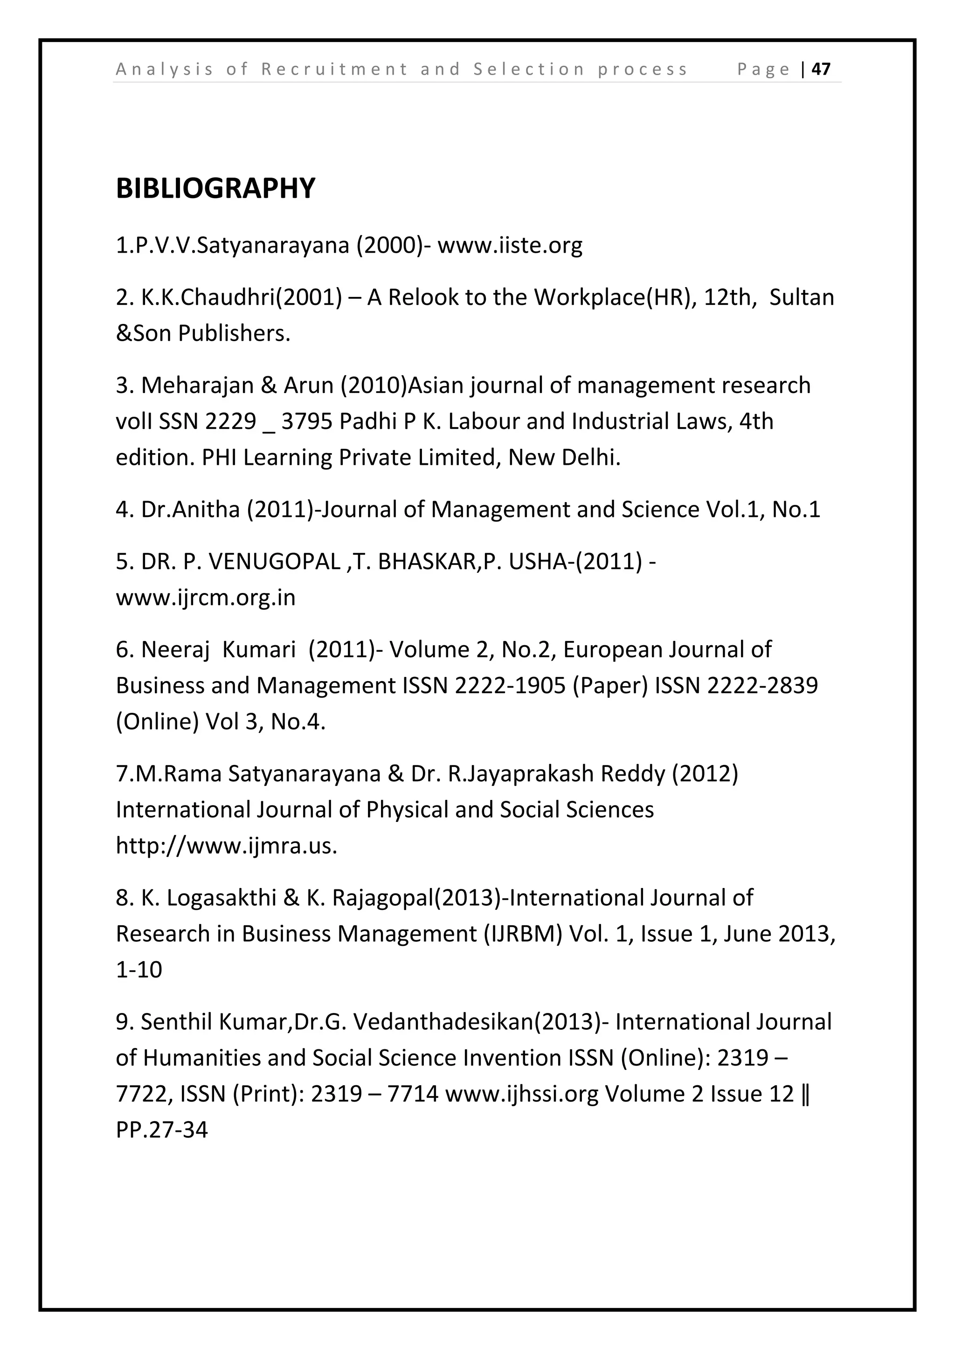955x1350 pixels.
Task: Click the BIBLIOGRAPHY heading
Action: point(215,188)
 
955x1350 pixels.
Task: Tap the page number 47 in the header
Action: point(821,69)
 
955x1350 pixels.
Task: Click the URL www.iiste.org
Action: point(509,245)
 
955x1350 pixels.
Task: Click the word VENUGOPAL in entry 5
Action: point(275,562)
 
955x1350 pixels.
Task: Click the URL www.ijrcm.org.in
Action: point(206,598)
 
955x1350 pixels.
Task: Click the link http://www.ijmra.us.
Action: point(227,846)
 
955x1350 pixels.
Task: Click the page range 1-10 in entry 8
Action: point(139,970)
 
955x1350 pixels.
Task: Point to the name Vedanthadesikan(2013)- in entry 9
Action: point(482,1022)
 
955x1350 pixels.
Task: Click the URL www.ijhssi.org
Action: point(522,1094)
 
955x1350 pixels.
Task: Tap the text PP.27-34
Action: point(162,1130)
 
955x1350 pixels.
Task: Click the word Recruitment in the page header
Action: point(334,69)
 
